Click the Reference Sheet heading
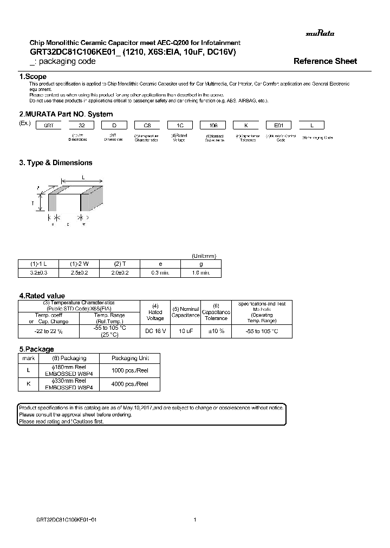click(x=325, y=61)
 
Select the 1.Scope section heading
click(x=33, y=77)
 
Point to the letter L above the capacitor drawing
click(x=83, y=177)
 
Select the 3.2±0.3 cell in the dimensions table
click(x=39, y=272)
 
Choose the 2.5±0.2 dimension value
click(x=80, y=272)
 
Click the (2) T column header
click(x=120, y=264)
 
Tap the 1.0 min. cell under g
click(x=201, y=272)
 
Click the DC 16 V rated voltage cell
click(x=155, y=330)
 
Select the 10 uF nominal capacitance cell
click(x=186, y=330)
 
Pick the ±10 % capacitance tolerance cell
click(x=216, y=330)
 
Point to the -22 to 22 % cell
click(x=49, y=330)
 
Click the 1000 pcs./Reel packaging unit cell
click(x=130, y=370)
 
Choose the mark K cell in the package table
click(x=28, y=383)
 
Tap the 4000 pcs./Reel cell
click(x=130, y=383)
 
